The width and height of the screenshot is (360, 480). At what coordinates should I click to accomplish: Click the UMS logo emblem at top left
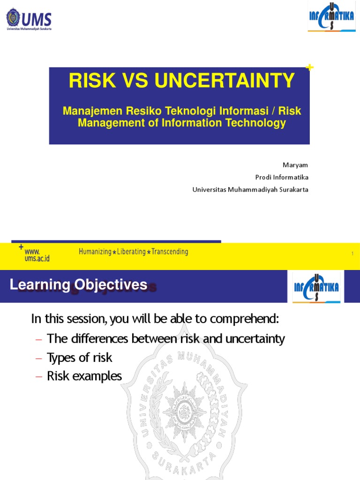point(13,19)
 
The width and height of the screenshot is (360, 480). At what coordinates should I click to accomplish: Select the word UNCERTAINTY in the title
point(225,81)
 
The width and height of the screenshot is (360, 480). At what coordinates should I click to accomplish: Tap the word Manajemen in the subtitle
point(91,112)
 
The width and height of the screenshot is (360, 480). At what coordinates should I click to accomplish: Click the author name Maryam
point(295,165)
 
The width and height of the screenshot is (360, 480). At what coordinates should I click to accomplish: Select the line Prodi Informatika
point(282,177)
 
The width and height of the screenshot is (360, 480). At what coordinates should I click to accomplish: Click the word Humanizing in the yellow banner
point(95,252)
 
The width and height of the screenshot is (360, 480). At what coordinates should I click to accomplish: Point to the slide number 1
point(352,254)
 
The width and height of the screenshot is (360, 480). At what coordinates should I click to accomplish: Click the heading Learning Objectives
point(79,285)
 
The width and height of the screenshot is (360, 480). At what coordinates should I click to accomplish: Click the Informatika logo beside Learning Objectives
point(316,286)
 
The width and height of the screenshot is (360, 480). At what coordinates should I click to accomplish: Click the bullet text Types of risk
point(80,358)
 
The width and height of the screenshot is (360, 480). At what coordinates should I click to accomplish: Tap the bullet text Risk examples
point(84,376)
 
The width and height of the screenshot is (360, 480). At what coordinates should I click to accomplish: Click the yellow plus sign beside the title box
point(309,68)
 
